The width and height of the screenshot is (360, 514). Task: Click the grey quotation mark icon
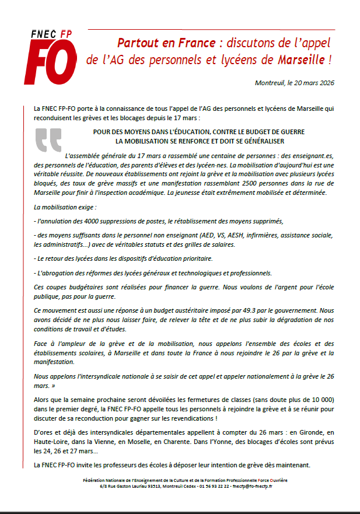point(48,141)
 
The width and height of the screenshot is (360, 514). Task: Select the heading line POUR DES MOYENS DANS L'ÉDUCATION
point(198,133)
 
